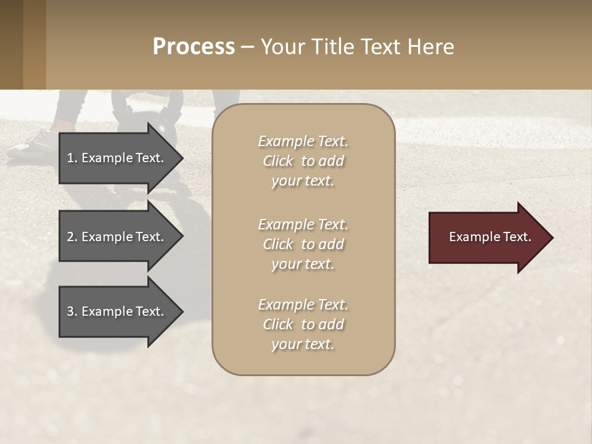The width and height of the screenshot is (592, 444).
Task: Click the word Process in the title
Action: (x=194, y=47)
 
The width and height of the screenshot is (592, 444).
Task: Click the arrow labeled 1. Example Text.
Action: (x=117, y=158)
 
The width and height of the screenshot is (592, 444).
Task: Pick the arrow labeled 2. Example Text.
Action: (x=117, y=237)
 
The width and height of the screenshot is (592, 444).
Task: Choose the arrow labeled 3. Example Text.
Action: (x=117, y=311)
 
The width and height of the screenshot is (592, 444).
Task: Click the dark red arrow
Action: (x=487, y=237)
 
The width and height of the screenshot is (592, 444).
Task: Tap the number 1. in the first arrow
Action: (x=72, y=158)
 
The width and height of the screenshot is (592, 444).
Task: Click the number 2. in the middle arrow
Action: (x=72, y=237)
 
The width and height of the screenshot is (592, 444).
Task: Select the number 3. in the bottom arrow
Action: (x=72, y=311)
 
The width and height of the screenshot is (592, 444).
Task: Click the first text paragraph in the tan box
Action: (x=303, y=161)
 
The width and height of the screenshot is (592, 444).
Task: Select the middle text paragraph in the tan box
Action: (x=303, y=244)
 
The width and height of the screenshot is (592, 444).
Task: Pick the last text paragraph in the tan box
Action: (x=303, y=324)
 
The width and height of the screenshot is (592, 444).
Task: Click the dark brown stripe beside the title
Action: (x=11, y=44)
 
